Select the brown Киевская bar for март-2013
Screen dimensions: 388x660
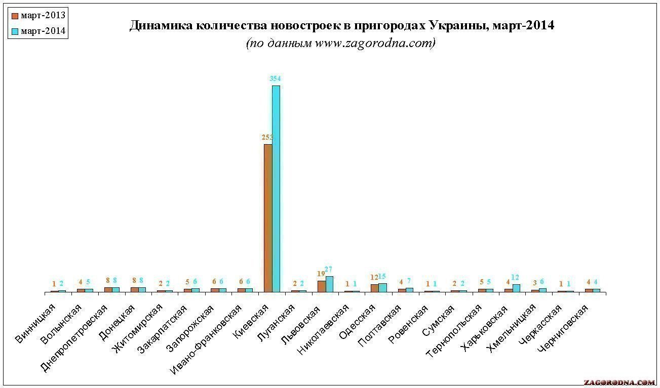[268, 218]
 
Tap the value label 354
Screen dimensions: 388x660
[276, 78]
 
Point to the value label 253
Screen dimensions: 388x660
[267, 137]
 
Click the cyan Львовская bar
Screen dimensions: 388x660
[329, 284]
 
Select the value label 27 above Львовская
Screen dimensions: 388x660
[329, 270]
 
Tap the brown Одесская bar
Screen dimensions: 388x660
[374, 288]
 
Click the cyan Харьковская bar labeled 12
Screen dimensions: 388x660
[516, 288]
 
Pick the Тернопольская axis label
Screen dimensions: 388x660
[456, 329]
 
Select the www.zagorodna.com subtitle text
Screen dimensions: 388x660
[375, 44]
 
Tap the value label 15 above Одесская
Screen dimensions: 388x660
[382, 277]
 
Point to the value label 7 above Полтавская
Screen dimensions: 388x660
[409, 281]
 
